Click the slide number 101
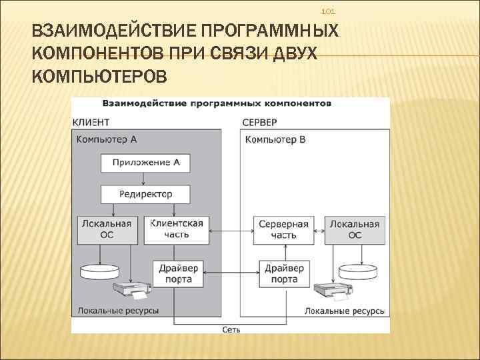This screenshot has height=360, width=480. click(328, 12)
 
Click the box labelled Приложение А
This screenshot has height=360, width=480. click(145, 162)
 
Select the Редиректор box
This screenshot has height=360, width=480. click(145, 194)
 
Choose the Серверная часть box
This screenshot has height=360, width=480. click(283, 229)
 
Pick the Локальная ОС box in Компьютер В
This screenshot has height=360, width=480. click(355, 229)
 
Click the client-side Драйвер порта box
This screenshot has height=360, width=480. click(178, 273)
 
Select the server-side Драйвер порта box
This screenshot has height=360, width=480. click(284, 273)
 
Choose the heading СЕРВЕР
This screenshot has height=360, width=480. click(259, 123)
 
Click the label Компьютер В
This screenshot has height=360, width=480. click(275, 139)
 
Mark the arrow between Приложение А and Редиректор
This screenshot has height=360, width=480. click(145, 178)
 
